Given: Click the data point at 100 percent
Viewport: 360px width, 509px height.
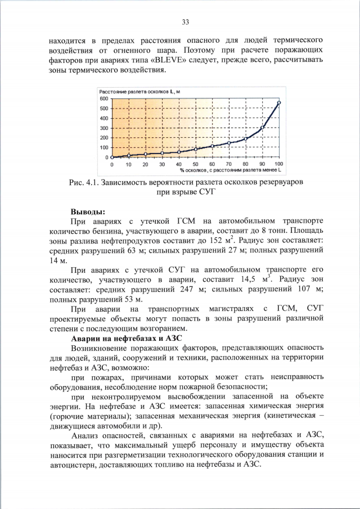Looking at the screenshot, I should (279, 102).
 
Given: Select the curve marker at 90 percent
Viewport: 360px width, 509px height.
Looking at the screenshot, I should (262, 128).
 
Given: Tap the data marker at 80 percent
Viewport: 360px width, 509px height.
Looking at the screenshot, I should (246, 139).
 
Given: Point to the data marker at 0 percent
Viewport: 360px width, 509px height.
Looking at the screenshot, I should (112, 157).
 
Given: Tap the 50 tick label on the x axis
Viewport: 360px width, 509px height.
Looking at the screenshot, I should (196, 164).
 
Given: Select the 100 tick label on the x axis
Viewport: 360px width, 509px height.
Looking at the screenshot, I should (278, 164).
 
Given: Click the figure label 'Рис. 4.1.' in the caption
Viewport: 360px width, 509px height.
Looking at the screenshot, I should (83, 183).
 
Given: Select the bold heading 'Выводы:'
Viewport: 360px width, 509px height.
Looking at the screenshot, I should (87, 211).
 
